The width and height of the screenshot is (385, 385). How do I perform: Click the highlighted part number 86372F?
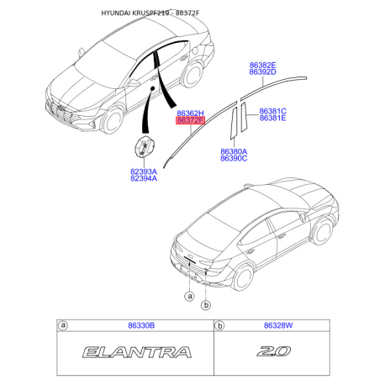tap(190, 120)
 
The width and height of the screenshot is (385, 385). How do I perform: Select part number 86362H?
tap(190, 113)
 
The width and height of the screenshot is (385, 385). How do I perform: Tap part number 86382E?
tap(262, 66)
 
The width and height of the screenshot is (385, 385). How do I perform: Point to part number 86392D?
tap(262, 72)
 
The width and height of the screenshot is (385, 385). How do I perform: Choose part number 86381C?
tap(272, 111)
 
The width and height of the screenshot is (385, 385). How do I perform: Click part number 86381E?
tap(272, 118)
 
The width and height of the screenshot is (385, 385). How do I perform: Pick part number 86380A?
tap(234, 151)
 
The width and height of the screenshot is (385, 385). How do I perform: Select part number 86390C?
tap(234, 158)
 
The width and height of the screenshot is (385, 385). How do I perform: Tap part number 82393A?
tap(144, 171)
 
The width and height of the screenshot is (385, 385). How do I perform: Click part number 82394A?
tap(144, 178)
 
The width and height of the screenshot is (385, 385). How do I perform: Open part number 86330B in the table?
tap(141, 325)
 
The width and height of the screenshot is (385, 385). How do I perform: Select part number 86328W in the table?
tap(278, 325)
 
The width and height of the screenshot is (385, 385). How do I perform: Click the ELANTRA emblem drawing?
tap(137, 352)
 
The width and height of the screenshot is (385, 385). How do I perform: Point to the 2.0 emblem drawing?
tap(274, 351)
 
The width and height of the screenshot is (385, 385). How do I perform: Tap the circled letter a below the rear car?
tap(190, 296)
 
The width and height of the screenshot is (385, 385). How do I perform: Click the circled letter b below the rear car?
tap(206, 304)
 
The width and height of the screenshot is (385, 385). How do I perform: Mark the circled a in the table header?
tap(63, 325)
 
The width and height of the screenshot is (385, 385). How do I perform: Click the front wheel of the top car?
tap(112, 119)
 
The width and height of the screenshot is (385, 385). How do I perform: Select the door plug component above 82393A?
tap(145, 146)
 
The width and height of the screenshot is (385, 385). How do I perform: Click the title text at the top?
tap(150, 13)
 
